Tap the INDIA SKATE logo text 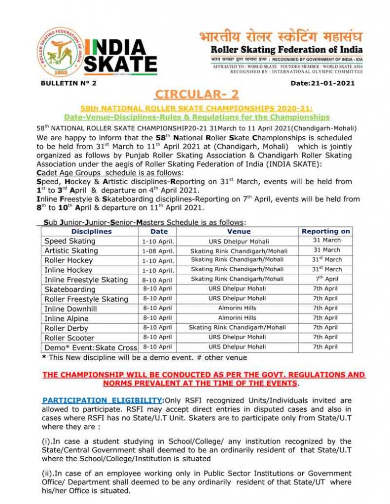click(x=120, y=56)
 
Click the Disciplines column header click(x=91, y=231)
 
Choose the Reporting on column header click(x=326, y=231)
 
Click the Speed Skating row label click(x=70, y=241)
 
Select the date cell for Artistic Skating click(x=157, y=251)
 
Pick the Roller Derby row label click(x=67, y=328)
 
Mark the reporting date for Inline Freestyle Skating click(x=326, y=279)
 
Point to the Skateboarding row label click(x=70, y=289)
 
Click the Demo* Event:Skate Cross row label click(x=91, y=347)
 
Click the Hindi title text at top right click(x=281, y=37)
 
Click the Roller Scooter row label click(x=70, y=338)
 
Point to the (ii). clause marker click(x=48, y=473)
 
